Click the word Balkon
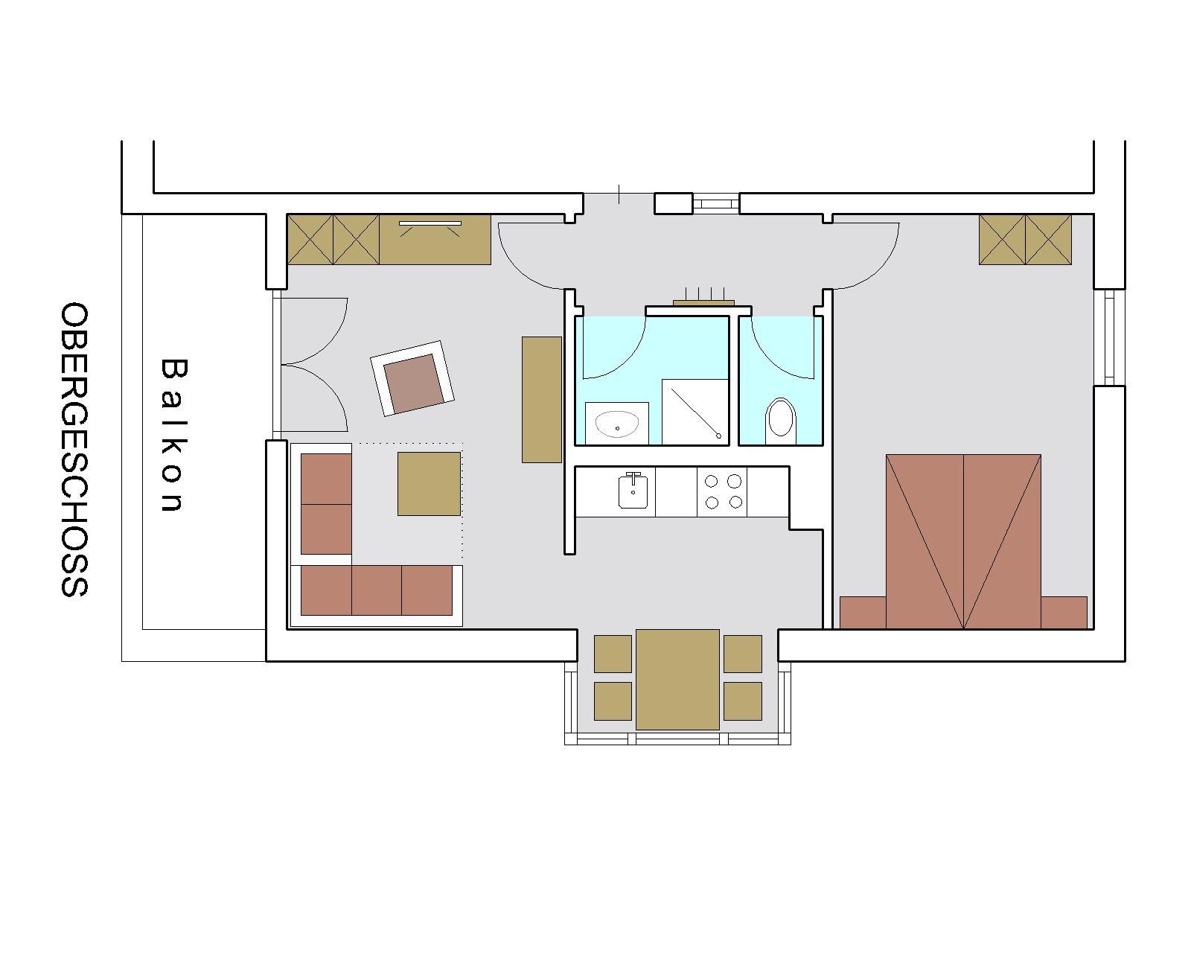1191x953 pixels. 174,435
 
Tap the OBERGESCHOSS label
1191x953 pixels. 74,449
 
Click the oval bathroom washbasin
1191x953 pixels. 616,424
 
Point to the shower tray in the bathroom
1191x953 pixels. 695,412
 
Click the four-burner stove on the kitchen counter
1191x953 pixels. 722,491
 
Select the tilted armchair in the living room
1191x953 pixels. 412,378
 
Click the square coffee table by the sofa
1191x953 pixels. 429,484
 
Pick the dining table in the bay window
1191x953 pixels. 677,680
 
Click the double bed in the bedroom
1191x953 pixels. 963,541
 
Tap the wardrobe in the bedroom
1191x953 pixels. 1025,239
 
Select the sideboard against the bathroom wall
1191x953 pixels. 542,399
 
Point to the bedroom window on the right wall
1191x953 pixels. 1110,337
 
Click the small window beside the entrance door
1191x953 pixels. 715,203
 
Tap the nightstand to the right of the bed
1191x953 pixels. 1064,613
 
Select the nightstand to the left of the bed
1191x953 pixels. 863,613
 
